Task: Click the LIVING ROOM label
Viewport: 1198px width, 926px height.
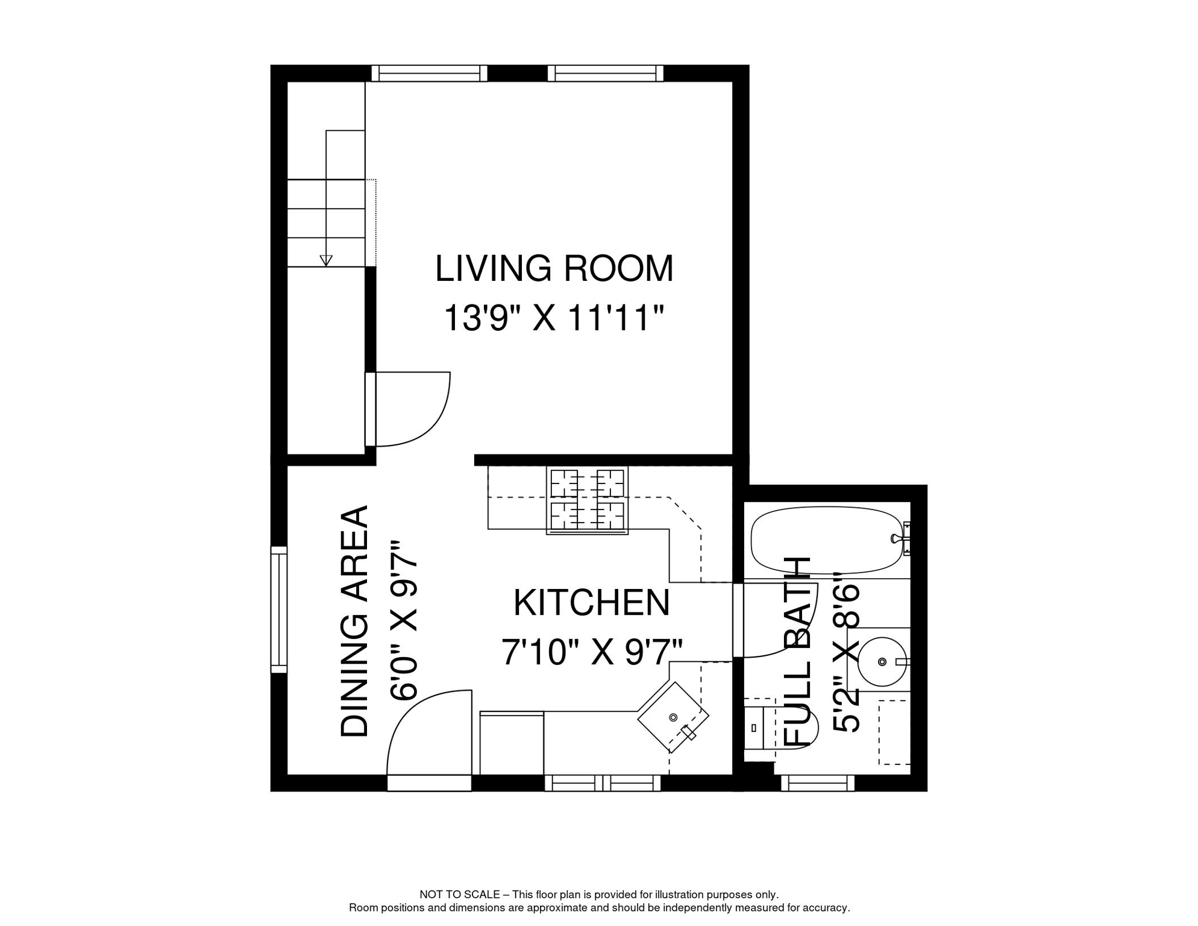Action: coord(554,269)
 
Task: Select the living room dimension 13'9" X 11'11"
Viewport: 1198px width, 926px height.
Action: coord(554,318)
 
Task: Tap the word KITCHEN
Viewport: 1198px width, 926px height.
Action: coord(591,603)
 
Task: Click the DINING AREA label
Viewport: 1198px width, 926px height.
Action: coord(354,621)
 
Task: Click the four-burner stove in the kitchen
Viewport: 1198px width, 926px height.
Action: coord(587,500)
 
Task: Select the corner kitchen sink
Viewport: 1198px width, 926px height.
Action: coord(673,717)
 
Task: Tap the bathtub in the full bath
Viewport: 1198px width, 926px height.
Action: coord(826,540)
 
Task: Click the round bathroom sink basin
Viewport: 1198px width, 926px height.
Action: coord(882,662)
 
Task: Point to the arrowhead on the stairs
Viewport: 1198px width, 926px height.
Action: coord(326,260)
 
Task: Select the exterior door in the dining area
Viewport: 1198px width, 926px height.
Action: coord(428,783)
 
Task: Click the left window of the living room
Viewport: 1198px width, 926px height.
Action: coord(429,74)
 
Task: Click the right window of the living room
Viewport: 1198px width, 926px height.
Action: coord(606,74)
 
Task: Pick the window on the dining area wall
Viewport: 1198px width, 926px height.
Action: coord(279,609)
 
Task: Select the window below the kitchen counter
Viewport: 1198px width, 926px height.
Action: coord(603,783)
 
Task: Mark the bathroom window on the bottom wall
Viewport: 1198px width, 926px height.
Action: coord(818,783)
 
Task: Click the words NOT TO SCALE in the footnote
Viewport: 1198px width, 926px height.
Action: coord(459,895)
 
